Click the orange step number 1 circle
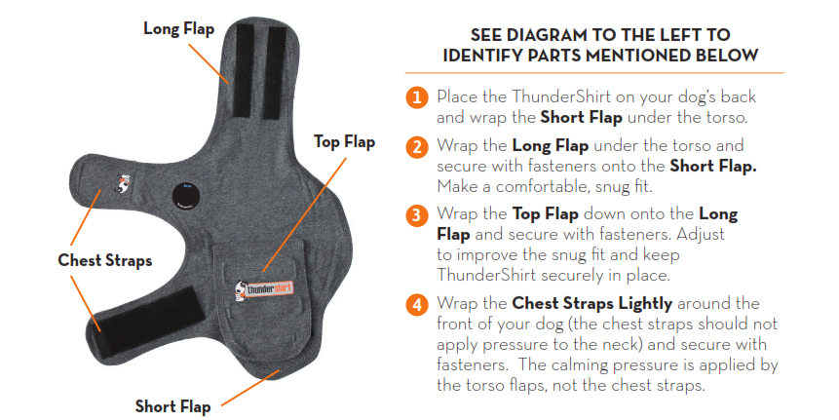pos(417,97)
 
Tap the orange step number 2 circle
pos(417,146)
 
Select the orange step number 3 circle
pos(417,215)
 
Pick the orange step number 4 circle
pos(417,304)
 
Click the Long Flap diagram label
pos(178,29)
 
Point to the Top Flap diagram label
pos(344,142)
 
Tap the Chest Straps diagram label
pos(105,260)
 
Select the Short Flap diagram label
pos(172,406)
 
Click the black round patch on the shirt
pos(188,197)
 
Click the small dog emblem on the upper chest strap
pos(124,183)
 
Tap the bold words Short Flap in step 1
pos(581,117)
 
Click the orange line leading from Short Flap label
pos(250,388)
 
